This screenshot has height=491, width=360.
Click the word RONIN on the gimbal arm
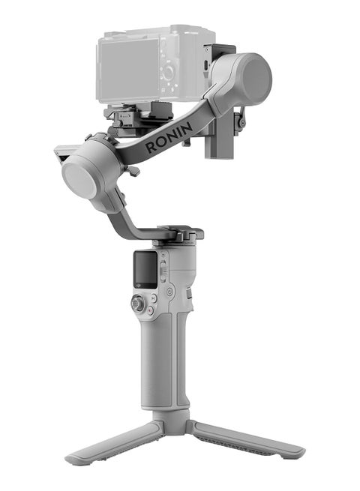coord(169,136)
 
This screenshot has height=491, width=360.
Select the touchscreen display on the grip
coord(146,268)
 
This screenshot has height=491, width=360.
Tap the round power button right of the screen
coord(169,290)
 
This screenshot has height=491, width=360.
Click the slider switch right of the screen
coord(163,269)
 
